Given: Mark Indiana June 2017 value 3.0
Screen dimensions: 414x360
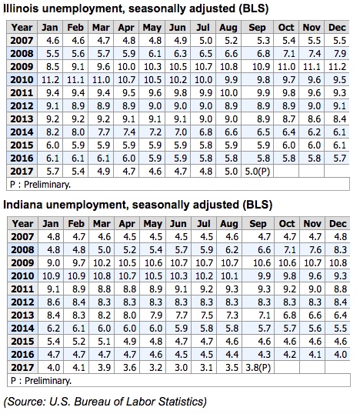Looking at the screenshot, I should (179, 368).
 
